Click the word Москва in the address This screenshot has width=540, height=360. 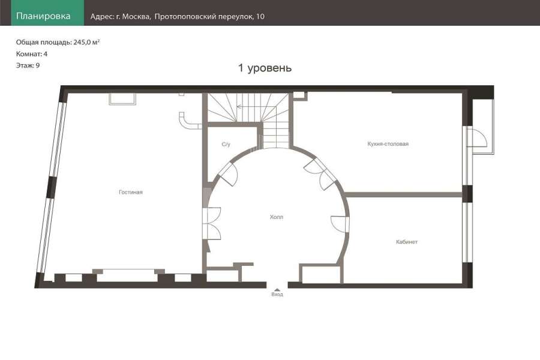[x=136, y=17]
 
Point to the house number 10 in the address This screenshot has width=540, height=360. [x=260, y=17]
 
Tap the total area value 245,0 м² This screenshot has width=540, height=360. [x=86, y=42]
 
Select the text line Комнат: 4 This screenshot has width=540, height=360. [x=32, y=54]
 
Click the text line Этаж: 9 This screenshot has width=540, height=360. [x=28, y=65]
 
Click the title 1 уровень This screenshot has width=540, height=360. [x=265, y=68]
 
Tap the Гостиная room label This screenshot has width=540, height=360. [x=131, y=192]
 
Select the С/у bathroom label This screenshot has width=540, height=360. [x=226, y=145]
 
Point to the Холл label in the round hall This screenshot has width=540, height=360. [x=277, y=217]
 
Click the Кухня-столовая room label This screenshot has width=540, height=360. [x=388, y=143]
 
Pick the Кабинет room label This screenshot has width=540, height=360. [x=407, y=242]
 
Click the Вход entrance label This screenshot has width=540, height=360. [x=277, y=295]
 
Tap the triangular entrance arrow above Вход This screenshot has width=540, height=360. [x=277, y=290]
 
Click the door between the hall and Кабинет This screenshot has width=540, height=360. [x=341, y=224]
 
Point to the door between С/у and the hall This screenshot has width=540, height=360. [x=228, y=174]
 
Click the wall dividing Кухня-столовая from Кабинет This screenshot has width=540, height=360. [x=403, y=194]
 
